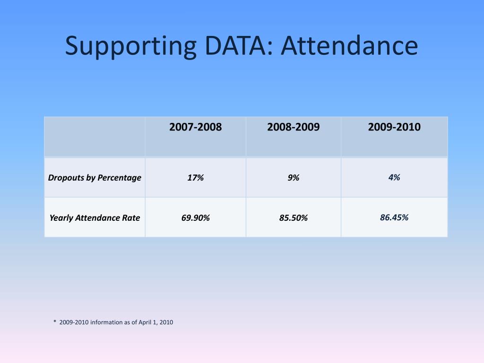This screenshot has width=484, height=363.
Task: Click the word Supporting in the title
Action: pos(130,47)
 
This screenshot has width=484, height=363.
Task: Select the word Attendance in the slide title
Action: pos(349,46)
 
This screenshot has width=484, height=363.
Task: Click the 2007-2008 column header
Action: pos(195,127)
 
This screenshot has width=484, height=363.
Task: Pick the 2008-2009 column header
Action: pos(293,127)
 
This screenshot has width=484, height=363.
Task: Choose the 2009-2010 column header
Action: pos(394,127)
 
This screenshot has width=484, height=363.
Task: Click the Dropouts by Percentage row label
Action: pos(95,178)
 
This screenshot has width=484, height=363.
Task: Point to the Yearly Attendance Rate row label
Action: pos(95,218)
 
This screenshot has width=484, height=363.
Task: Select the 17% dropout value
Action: pos(195,178)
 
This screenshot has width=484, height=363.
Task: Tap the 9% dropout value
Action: pos(293,178)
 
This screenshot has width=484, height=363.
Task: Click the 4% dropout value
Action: pos(394,177)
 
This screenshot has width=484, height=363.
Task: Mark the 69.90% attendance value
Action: pos(195,218)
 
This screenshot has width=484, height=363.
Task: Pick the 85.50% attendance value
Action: pos(293,218)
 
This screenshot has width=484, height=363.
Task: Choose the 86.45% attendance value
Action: pos(394,217)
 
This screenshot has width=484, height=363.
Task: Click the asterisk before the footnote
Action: pos(55,322)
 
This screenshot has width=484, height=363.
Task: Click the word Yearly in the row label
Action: pos(61,218)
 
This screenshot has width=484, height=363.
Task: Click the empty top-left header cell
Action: pos(95,137)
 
